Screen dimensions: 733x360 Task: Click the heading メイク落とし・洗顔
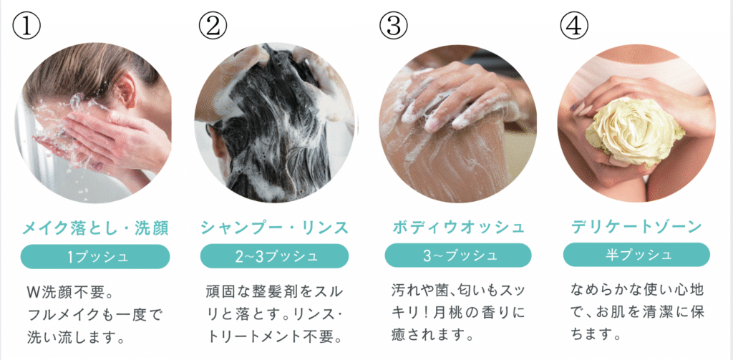tap(95, 228)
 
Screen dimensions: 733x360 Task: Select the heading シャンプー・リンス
tap(274, 228)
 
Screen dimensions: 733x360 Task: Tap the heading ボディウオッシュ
tap(458, 228)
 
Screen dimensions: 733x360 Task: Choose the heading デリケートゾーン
tap(636, 227)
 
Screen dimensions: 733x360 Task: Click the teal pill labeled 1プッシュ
tap(95, 256)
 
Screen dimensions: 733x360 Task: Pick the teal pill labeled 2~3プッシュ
tap(274, 256)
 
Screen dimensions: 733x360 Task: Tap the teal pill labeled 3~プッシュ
tap(458, 256)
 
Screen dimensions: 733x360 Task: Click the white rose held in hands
tap(636, 130)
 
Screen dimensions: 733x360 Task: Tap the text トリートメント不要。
tap(274, 336)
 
